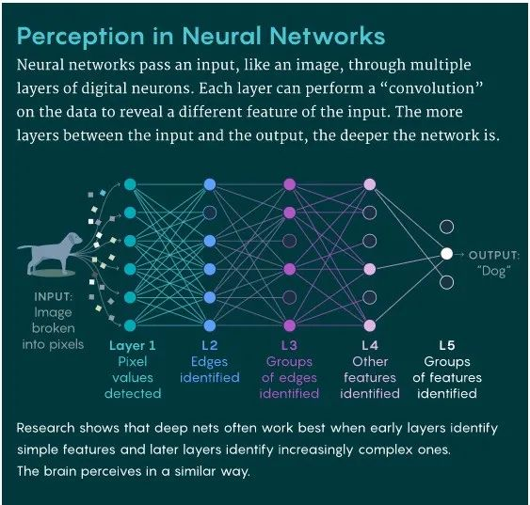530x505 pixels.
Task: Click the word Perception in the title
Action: point(80,37)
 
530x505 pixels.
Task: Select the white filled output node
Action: point(446,254)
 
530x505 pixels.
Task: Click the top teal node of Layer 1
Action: point(130,184)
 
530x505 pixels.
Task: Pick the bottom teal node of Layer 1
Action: point(130,325)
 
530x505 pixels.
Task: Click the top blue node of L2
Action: point(210,184)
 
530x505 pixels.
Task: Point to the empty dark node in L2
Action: point(210,213)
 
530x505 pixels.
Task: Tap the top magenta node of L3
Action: point(290,184)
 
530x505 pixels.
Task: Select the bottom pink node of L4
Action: point(369,325)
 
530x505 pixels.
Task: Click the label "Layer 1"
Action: point(133,345)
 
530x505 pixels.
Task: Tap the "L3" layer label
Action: point(289,345)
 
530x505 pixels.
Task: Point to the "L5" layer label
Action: point(447,345)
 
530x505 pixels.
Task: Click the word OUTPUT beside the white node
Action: point(493,255)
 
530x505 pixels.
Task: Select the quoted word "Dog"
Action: point(493,271)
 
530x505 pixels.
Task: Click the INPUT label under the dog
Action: point(53,297)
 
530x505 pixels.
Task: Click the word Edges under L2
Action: point(210,362)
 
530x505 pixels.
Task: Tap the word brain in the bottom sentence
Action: point(60,471)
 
